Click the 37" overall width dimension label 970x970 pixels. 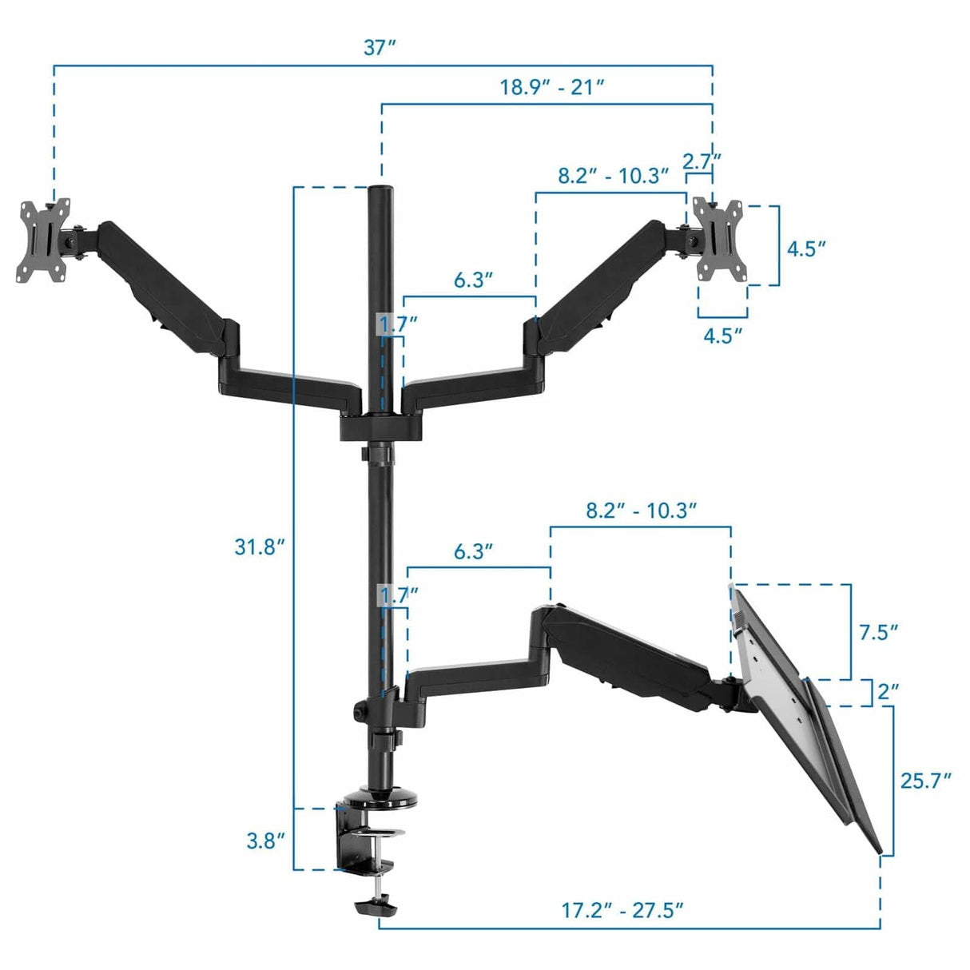tap(380, 48)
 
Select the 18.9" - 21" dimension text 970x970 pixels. tap(552, 86)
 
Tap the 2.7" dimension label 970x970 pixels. tap(702, 161)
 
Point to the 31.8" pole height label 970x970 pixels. tap(260, 547)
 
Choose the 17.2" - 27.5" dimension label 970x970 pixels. tap(622, 910)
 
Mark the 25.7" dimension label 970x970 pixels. tap(926, 780)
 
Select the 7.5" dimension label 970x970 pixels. tap(878, 632)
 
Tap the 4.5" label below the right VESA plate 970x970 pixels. tap(722, 335)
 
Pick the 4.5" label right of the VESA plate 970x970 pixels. tap(805, 248)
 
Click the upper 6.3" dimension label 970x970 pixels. tap(473, 280)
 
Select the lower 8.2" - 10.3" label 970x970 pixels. tap(642, 511)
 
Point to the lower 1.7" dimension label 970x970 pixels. tap(397, 594)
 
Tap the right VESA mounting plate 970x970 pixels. tap(722, 240)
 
